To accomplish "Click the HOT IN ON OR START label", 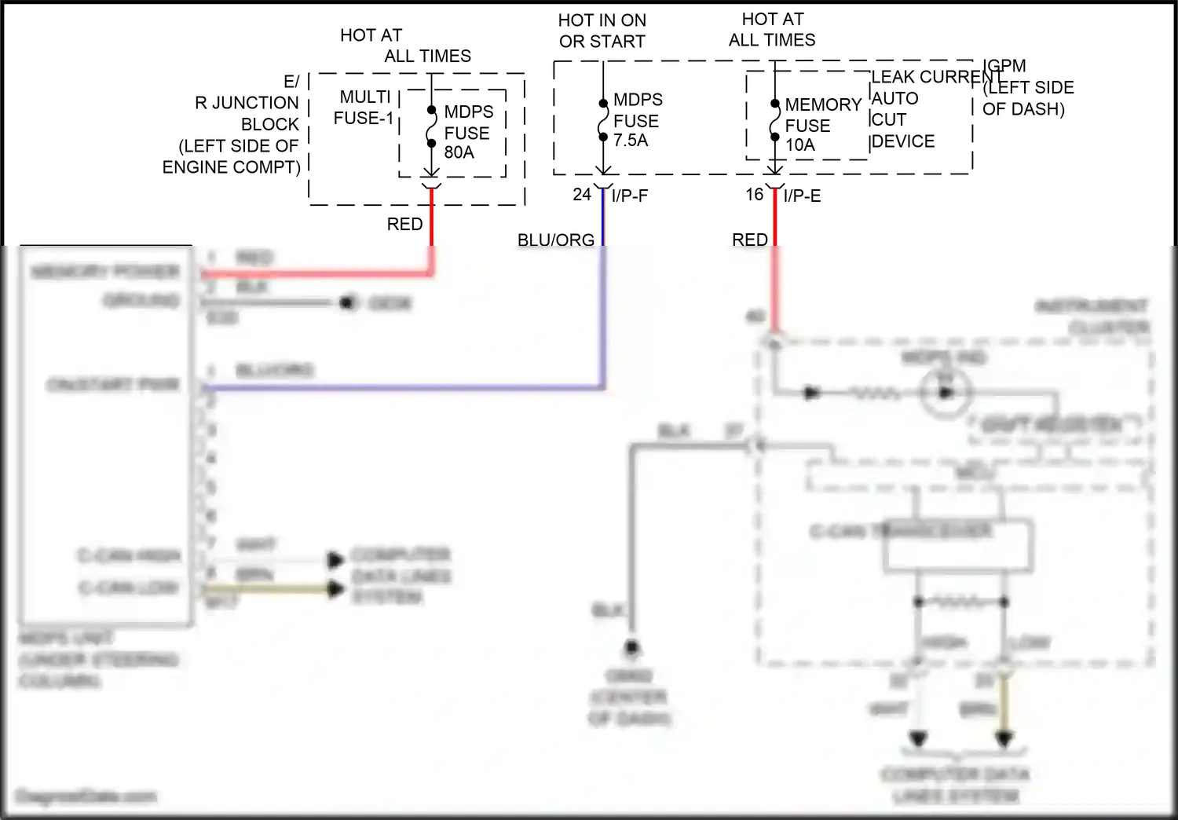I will [602, 31].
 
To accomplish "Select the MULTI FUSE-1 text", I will [364, 108].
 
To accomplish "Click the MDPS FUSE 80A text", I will [468, 132].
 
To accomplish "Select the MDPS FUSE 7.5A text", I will [637, 120].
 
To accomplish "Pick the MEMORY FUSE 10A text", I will [821, 125].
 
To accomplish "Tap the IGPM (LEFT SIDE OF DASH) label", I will [1026, 87].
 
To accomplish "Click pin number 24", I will [582, 194].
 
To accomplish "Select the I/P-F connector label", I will [630, 196].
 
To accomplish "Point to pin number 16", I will [755, 194].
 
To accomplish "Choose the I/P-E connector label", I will [803, 196].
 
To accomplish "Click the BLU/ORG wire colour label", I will [556, 240].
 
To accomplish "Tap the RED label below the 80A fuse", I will [404, 224].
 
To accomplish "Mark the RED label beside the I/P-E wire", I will [750, 240].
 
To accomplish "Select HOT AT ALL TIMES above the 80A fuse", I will [404, 46].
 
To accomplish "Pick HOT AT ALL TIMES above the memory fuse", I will [772, 30].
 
